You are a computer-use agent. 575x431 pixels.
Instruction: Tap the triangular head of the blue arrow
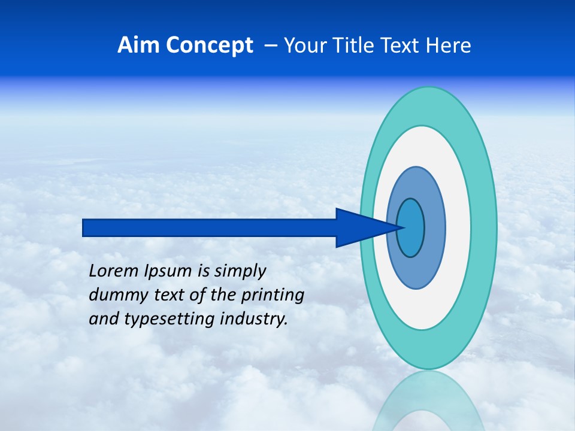point(359,227)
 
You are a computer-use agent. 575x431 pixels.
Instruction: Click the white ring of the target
point(458,227)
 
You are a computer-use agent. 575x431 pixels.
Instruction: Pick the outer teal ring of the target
point(484,227)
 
